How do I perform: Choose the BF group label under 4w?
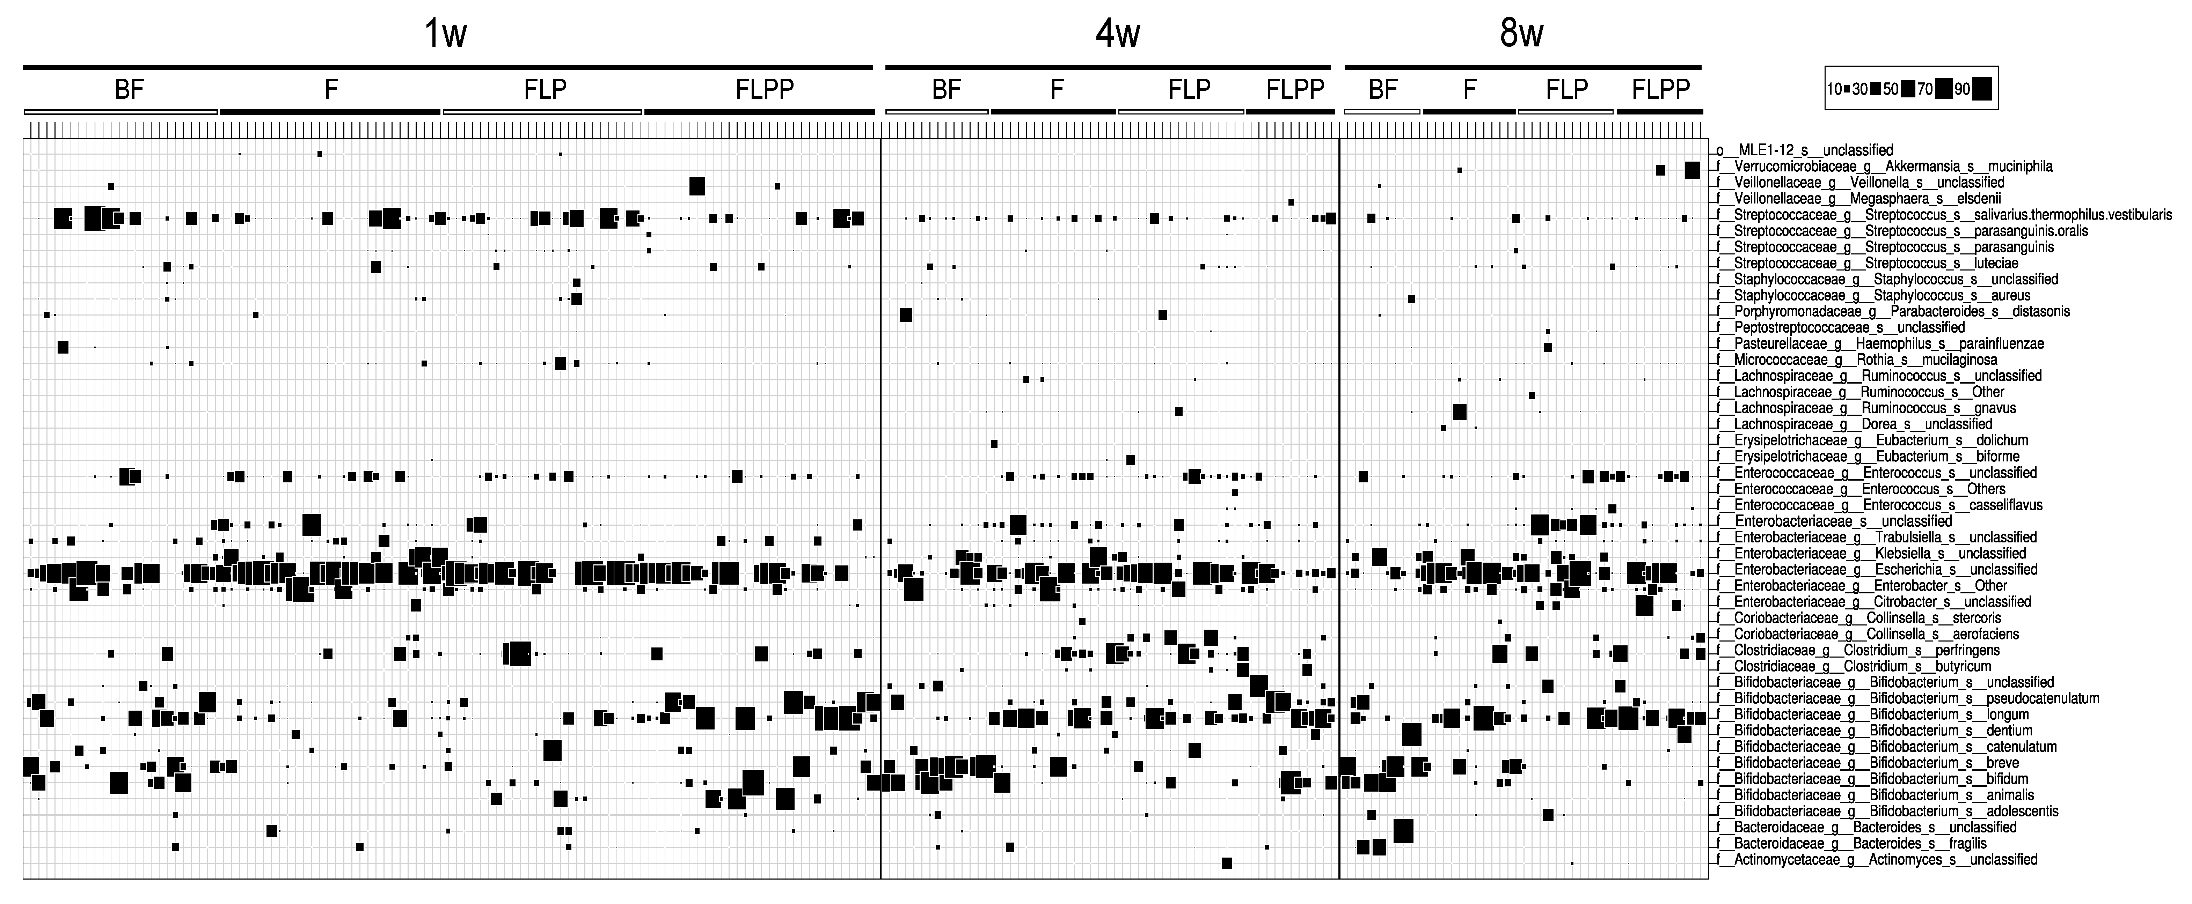click(946, 89)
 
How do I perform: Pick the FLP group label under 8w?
click(1566, 89)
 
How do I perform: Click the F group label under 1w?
click(331, 89)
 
